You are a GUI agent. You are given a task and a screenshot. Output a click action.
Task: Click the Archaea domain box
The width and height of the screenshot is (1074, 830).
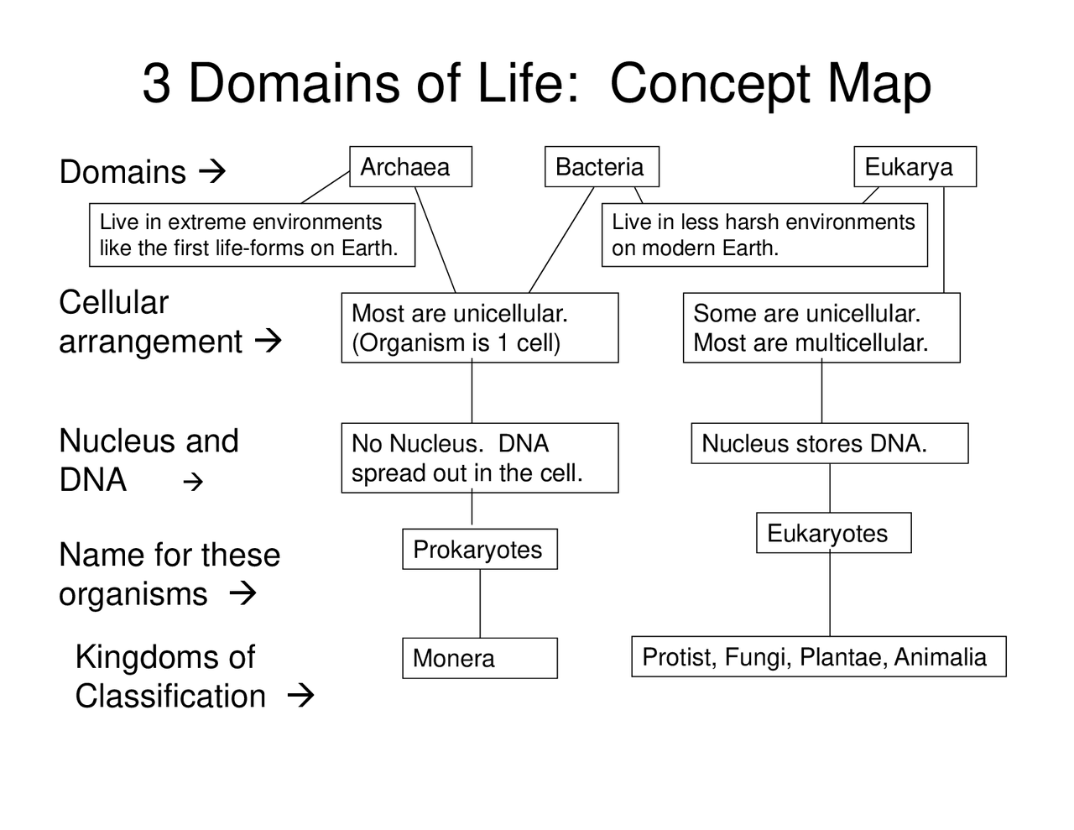(410, 166)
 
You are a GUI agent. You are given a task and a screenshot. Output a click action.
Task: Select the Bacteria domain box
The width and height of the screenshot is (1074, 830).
(602, 166)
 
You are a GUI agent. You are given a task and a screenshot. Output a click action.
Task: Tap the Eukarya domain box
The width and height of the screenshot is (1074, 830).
(915, 166)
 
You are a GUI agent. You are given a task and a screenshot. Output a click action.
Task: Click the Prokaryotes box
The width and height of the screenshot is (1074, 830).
(479, 550)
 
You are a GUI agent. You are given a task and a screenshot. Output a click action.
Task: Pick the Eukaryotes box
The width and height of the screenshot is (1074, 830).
(833, 533)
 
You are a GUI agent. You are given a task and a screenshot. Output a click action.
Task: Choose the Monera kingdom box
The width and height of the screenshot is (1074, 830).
(479, 658)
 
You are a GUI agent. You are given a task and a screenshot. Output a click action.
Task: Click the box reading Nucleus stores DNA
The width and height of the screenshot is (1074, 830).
(829, 443)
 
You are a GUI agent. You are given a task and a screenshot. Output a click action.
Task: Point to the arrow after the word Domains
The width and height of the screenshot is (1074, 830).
(212, 172)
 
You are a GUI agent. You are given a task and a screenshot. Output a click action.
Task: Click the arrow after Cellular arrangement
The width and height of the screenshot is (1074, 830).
(268, 342)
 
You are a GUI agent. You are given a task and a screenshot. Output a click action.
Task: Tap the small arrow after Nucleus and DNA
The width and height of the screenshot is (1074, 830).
(193, 482)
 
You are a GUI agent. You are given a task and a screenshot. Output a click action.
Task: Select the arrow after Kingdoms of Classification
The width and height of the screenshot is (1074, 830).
(300, 696)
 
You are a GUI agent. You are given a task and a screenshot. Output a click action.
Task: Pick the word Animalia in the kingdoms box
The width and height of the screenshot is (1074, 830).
(940, 656)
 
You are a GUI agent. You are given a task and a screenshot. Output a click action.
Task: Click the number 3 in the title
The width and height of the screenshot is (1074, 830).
(156, 83)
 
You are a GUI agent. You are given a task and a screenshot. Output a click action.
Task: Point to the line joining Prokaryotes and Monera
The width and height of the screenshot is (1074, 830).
(480, 603)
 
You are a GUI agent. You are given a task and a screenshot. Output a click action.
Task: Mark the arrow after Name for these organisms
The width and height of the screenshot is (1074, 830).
(242, 594)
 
